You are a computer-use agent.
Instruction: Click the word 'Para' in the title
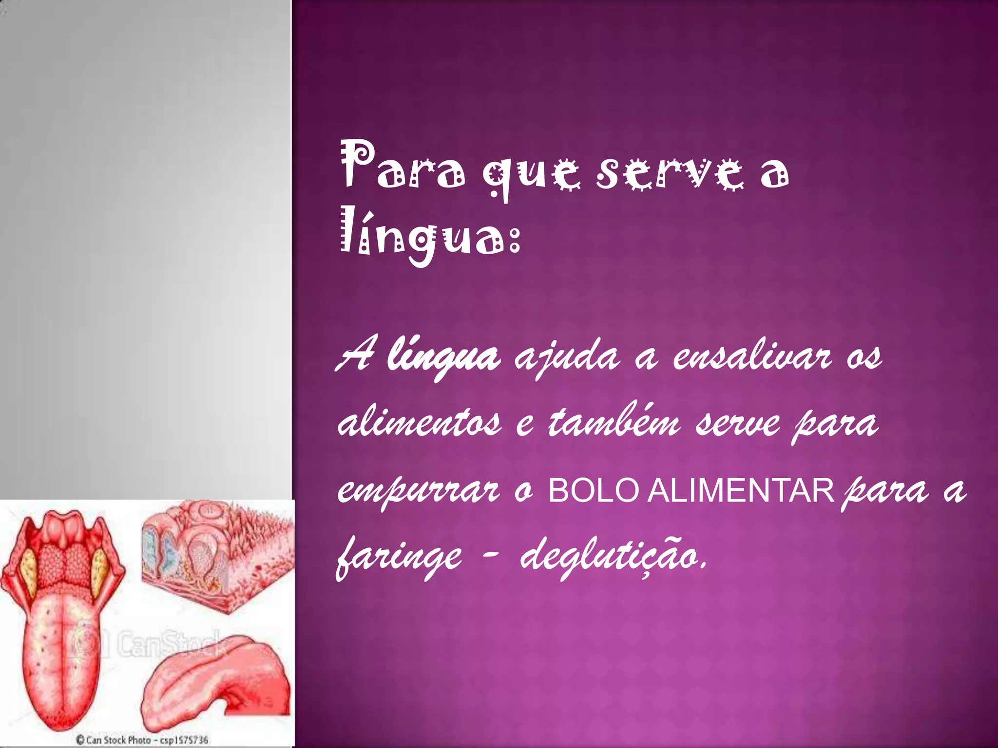(x=403, y=166)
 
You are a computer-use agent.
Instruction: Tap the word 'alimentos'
(x=419, y=423)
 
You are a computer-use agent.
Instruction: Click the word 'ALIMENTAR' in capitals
(x=741, y=490)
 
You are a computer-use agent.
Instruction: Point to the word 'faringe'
(x=399, y=558)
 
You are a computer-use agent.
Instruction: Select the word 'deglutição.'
(x=613, y=558)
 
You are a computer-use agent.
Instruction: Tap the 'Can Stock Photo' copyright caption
(x=142, y=740)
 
